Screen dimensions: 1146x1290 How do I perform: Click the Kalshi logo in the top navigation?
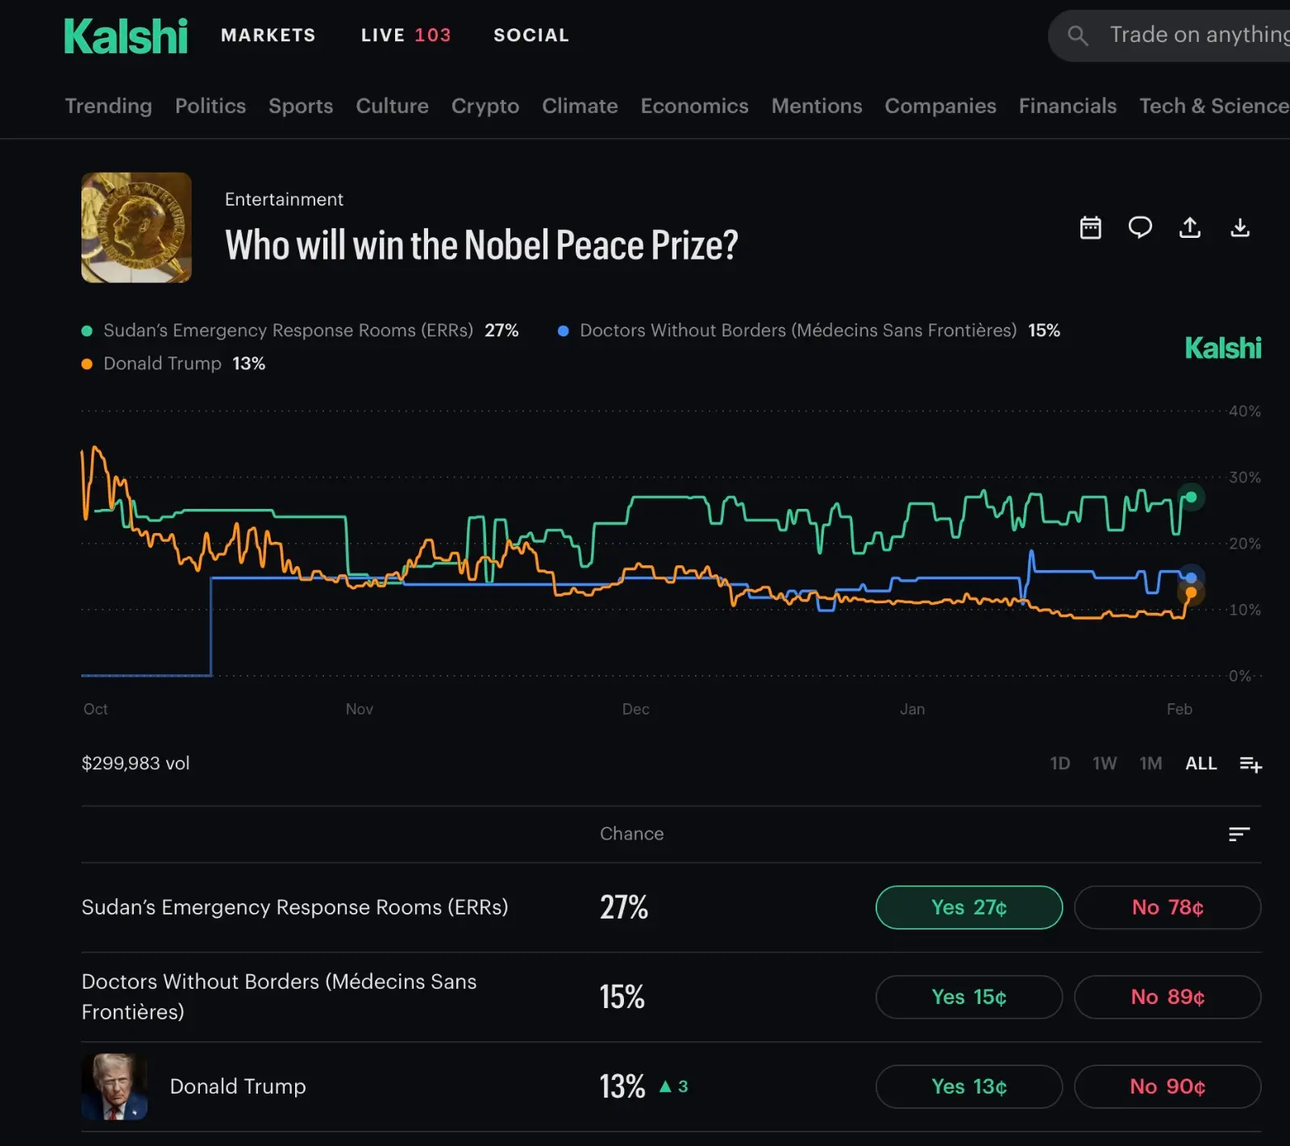pyautogui.click(x=126, y=36)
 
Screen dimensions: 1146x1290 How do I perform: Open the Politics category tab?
pyautogui.click(x=210, y=106)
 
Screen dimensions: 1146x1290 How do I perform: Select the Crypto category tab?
pyautogui.click(x=485, y=106)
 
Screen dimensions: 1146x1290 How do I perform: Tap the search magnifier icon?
pyautogui.click(x=1077, y=35)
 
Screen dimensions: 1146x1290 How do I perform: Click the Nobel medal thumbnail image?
pyautogui.click(x=136, y=227)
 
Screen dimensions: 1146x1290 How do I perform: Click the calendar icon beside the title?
pyautogui.click(x=1090, y=228)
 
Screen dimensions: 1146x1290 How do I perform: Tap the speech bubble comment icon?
pyautogui.click(x=1139, y=228)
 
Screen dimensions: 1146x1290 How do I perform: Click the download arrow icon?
pyautogui.click(x=1239, y=228)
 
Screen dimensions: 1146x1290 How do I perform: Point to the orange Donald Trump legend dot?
pyautogui.click(x=87, y=364)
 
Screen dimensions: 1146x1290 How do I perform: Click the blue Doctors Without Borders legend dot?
pyautogui.click(x=564, y=331)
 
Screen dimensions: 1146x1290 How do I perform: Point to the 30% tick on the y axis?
pyautogui.click(x=1244, y=477)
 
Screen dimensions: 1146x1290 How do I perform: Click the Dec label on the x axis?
pyautogui.click(x=635, y=709)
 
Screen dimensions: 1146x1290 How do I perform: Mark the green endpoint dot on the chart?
pyautogui.click(x=1191, y=497)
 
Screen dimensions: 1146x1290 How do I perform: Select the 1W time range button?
pyautogui.click(x=1104, y=764)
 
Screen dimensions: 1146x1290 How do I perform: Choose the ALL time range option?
pyautogui.click(x=1201, y=764)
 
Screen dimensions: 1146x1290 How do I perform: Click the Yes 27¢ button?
pyautogui.click(x=968, y=907)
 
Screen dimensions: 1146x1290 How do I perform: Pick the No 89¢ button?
pyautogui.click(x=1167, y=997)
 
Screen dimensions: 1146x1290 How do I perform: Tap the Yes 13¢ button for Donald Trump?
pyautogui.click(x=968, y=1086)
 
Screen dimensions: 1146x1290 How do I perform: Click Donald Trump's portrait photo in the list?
pyautogui.click(x=114, y=1086)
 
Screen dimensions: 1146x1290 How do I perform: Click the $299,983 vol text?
pyautogui.click(x=135, y=764)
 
